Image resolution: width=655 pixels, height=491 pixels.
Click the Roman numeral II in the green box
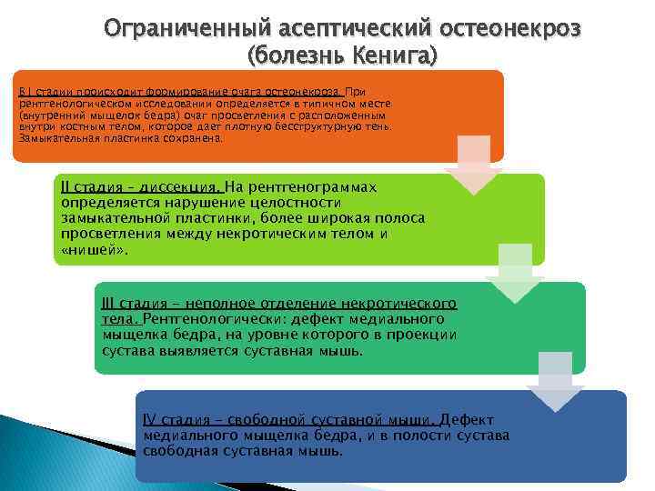pos(65,186)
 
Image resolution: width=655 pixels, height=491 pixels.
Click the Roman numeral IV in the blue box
pos(151,419)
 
